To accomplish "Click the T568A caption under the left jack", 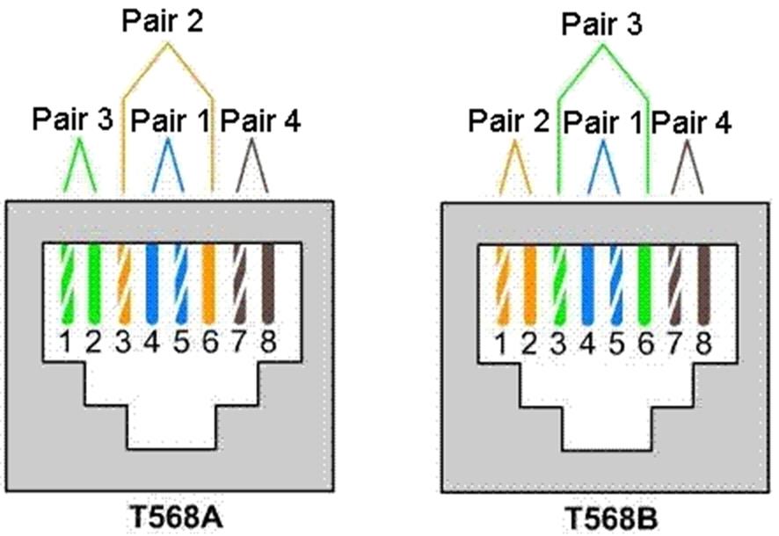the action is coord(176,518).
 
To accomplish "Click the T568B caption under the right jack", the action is coord(612,519).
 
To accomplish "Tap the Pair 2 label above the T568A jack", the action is coord(163,21).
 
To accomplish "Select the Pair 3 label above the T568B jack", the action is coord(601,24).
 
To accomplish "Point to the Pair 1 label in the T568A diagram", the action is coord(171,120).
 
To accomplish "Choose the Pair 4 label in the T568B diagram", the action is coord(691,122).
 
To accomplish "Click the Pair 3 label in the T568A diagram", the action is coord(72,120).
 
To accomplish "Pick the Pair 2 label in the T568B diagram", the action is coord(509,120).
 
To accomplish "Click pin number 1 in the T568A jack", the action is coord(66,342).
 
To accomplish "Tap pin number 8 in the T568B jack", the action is coord(703,343).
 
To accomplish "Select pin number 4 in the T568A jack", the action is coord(152,342).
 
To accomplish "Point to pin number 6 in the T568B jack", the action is coord(645,343).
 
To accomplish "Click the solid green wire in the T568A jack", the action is coord(94,284).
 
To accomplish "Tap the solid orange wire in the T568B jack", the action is coord(529,286).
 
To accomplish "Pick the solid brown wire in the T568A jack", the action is coord(268,284).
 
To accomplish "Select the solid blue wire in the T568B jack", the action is coord(587,286).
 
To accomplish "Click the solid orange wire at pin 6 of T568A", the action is coord(209,284).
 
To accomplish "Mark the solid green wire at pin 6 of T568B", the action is coord(644,286).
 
